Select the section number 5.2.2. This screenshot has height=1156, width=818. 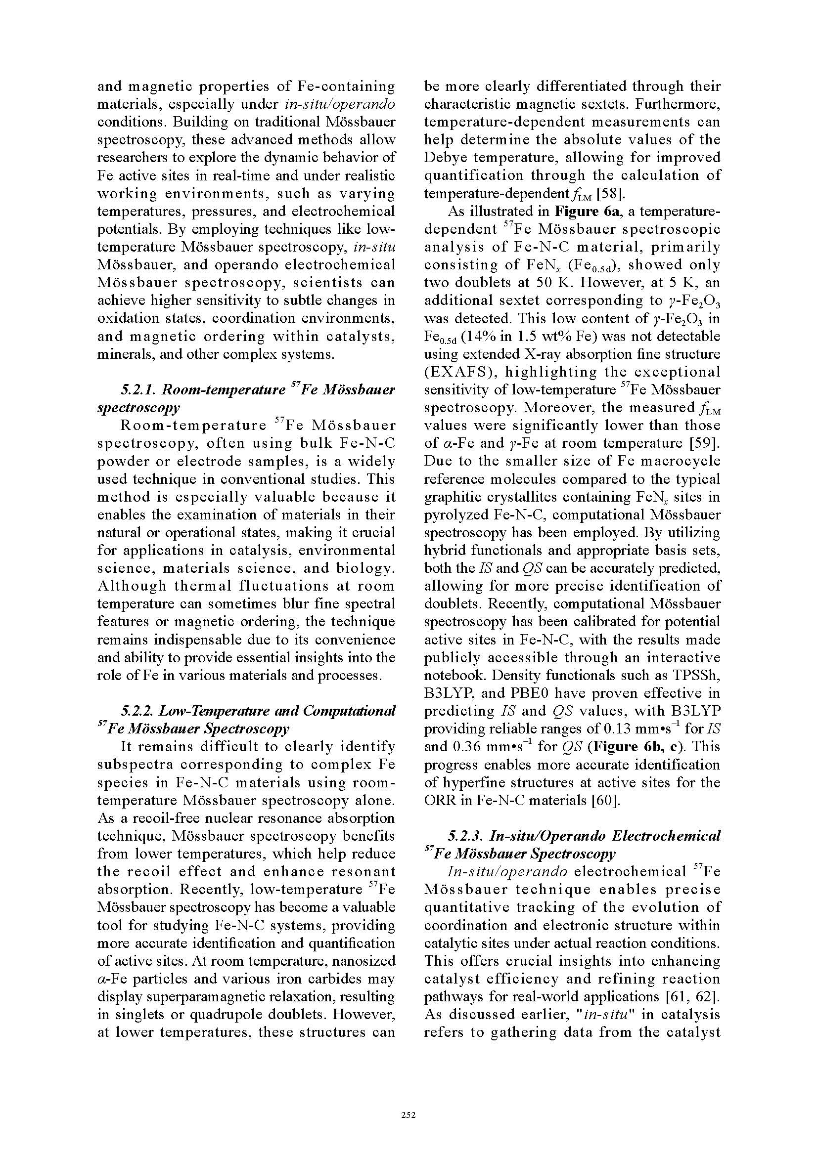tap(137, 711)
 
